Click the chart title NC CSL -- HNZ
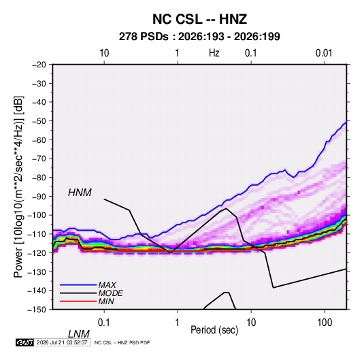[x=199, y=19]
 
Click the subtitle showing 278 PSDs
[x=199, y=37]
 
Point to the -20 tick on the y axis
[x=39, y=65]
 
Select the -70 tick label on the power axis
[x=39, y=159]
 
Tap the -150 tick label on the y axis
[x=37, y=310]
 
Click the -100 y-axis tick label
[x=37, y=215]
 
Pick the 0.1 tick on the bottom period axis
[x=104, y=323]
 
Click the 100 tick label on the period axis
[x=325, y=323]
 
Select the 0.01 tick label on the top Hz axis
[x=324, y=53]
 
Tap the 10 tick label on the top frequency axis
[x=104, y=53]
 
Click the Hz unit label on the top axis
[x=214, y=53]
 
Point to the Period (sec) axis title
[x=214, y=330]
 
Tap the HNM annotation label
[x=80, y=193]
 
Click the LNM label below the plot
[x=79, y=334]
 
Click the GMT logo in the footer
[x=25, y=342]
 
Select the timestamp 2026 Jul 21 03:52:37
[x=62, y=342]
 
